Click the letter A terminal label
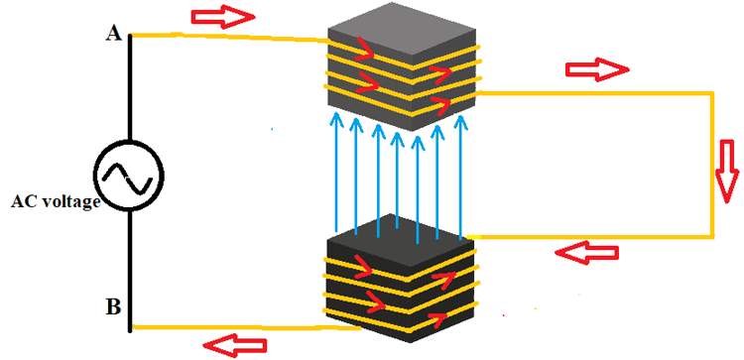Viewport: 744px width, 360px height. (112, 34)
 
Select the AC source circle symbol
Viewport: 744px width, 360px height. (129, 178)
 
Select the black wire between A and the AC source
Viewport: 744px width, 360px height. (129, 89)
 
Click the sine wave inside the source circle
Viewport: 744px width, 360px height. (129, 178)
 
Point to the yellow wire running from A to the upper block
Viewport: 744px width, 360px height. (228, 38)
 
